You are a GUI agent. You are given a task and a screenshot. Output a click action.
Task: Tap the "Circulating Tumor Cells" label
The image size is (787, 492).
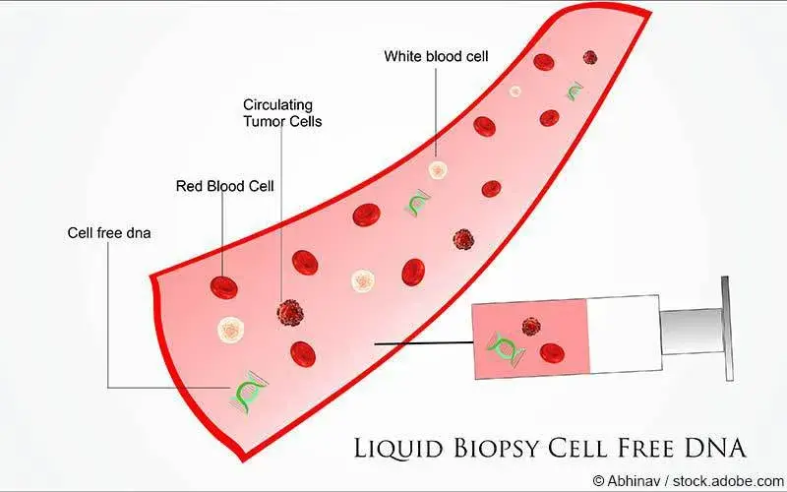282,113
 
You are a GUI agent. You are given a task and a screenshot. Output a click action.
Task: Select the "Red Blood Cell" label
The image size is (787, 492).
224,185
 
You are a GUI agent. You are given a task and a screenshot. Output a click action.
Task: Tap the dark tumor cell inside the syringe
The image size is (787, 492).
531,327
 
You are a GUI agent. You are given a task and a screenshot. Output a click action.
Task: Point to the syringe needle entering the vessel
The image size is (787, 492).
423,343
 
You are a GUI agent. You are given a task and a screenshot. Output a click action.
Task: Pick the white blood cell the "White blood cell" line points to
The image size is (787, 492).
438,169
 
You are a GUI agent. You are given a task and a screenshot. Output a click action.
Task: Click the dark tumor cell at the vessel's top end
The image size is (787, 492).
590,58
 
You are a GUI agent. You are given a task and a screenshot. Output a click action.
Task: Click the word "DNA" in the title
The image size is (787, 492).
711,447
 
